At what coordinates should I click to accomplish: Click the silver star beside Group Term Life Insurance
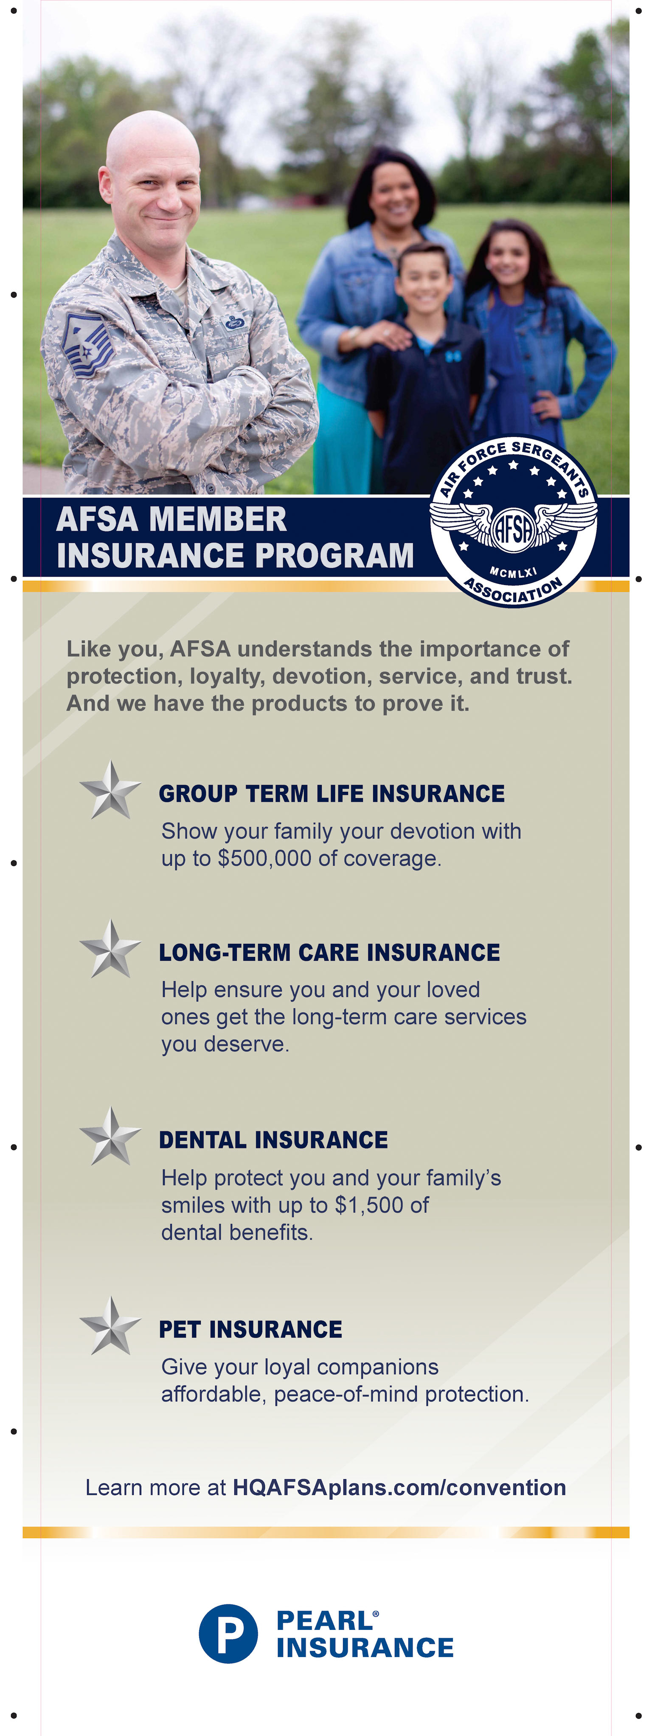110,790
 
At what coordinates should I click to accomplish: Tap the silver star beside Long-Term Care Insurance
110,949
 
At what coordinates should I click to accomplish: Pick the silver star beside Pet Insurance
110,1325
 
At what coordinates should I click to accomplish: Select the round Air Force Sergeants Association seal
513,520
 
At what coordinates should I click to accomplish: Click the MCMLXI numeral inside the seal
513,572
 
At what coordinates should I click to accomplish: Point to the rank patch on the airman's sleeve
86,346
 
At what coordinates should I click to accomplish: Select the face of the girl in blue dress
508,256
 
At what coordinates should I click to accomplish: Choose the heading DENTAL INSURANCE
273,1140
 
